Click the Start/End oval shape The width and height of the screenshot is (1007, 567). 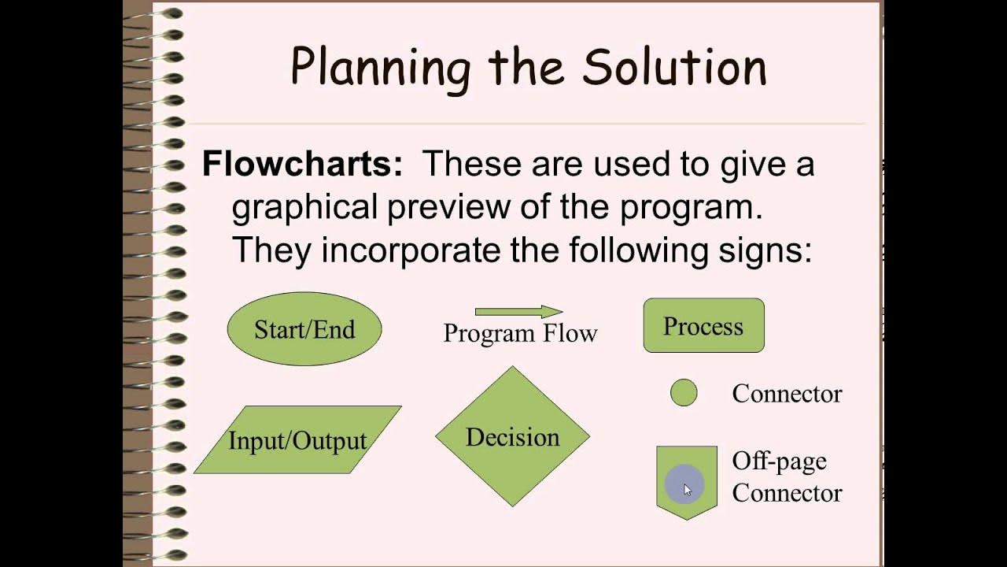point(304,329)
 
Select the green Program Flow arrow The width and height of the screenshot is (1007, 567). point(518,312)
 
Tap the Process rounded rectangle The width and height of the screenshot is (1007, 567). point(703,325)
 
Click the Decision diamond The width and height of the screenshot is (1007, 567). point(512,436)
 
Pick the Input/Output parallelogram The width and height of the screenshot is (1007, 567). point(297,440)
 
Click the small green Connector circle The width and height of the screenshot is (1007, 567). point(684,393)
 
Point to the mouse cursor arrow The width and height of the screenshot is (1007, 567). point(687,489)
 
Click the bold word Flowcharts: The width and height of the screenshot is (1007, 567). point(302,165)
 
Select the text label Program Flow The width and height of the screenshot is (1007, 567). point(520,333)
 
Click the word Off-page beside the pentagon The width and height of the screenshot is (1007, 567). point(779,461)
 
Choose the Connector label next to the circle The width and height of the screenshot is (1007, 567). point(787,394)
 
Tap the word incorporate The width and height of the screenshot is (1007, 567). point(411,250)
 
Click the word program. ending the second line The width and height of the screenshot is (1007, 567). point(692,209)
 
